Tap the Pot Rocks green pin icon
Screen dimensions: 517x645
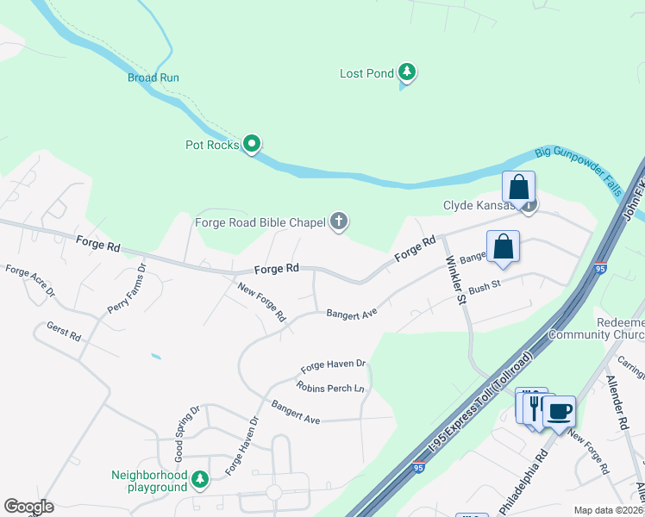tap(252, 144)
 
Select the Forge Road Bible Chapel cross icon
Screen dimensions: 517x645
tap(339, 222)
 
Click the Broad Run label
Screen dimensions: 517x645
tap(153, 78)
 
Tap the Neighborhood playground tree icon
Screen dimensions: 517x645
tap(200, 478)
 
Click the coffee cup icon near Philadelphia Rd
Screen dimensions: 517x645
tap(559, 412)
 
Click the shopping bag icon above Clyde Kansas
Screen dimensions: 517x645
tap(519, 186)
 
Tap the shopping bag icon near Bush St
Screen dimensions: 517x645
tap(503, 246)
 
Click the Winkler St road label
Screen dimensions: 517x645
tap(454, 283)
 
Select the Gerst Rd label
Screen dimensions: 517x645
tap(64, 332)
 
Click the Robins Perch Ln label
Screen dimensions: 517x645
tap(330, 388)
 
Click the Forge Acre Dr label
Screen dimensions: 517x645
tap(29, 281)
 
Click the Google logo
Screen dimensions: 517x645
tap(28, 507)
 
